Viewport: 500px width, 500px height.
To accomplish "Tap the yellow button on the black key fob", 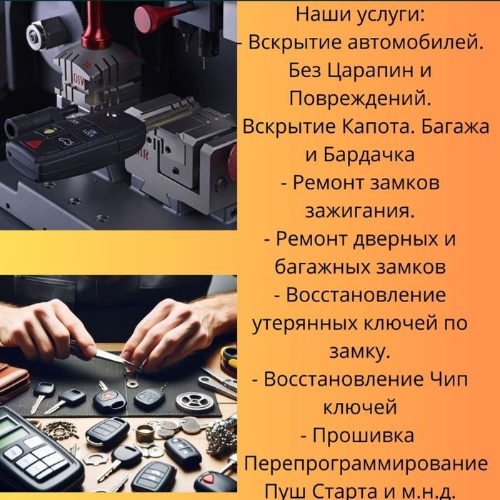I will [48, 132].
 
